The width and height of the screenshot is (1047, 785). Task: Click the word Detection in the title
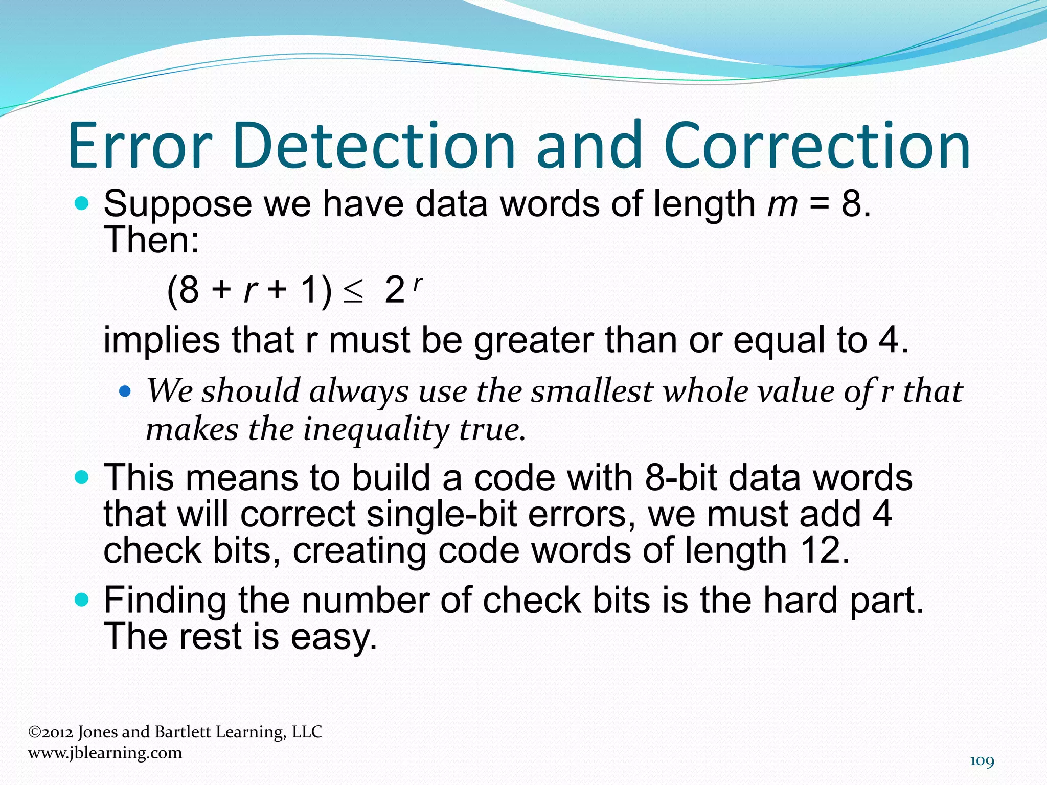pos(373,146)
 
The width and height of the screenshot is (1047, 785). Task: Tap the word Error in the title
pos(139,146)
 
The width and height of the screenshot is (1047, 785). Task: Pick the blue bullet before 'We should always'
pos(125,392)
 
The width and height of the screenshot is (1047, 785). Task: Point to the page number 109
pos(982,761)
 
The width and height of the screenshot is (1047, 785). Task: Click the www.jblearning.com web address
pos(105,753)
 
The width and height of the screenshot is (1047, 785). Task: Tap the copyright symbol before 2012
pos(34,732)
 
